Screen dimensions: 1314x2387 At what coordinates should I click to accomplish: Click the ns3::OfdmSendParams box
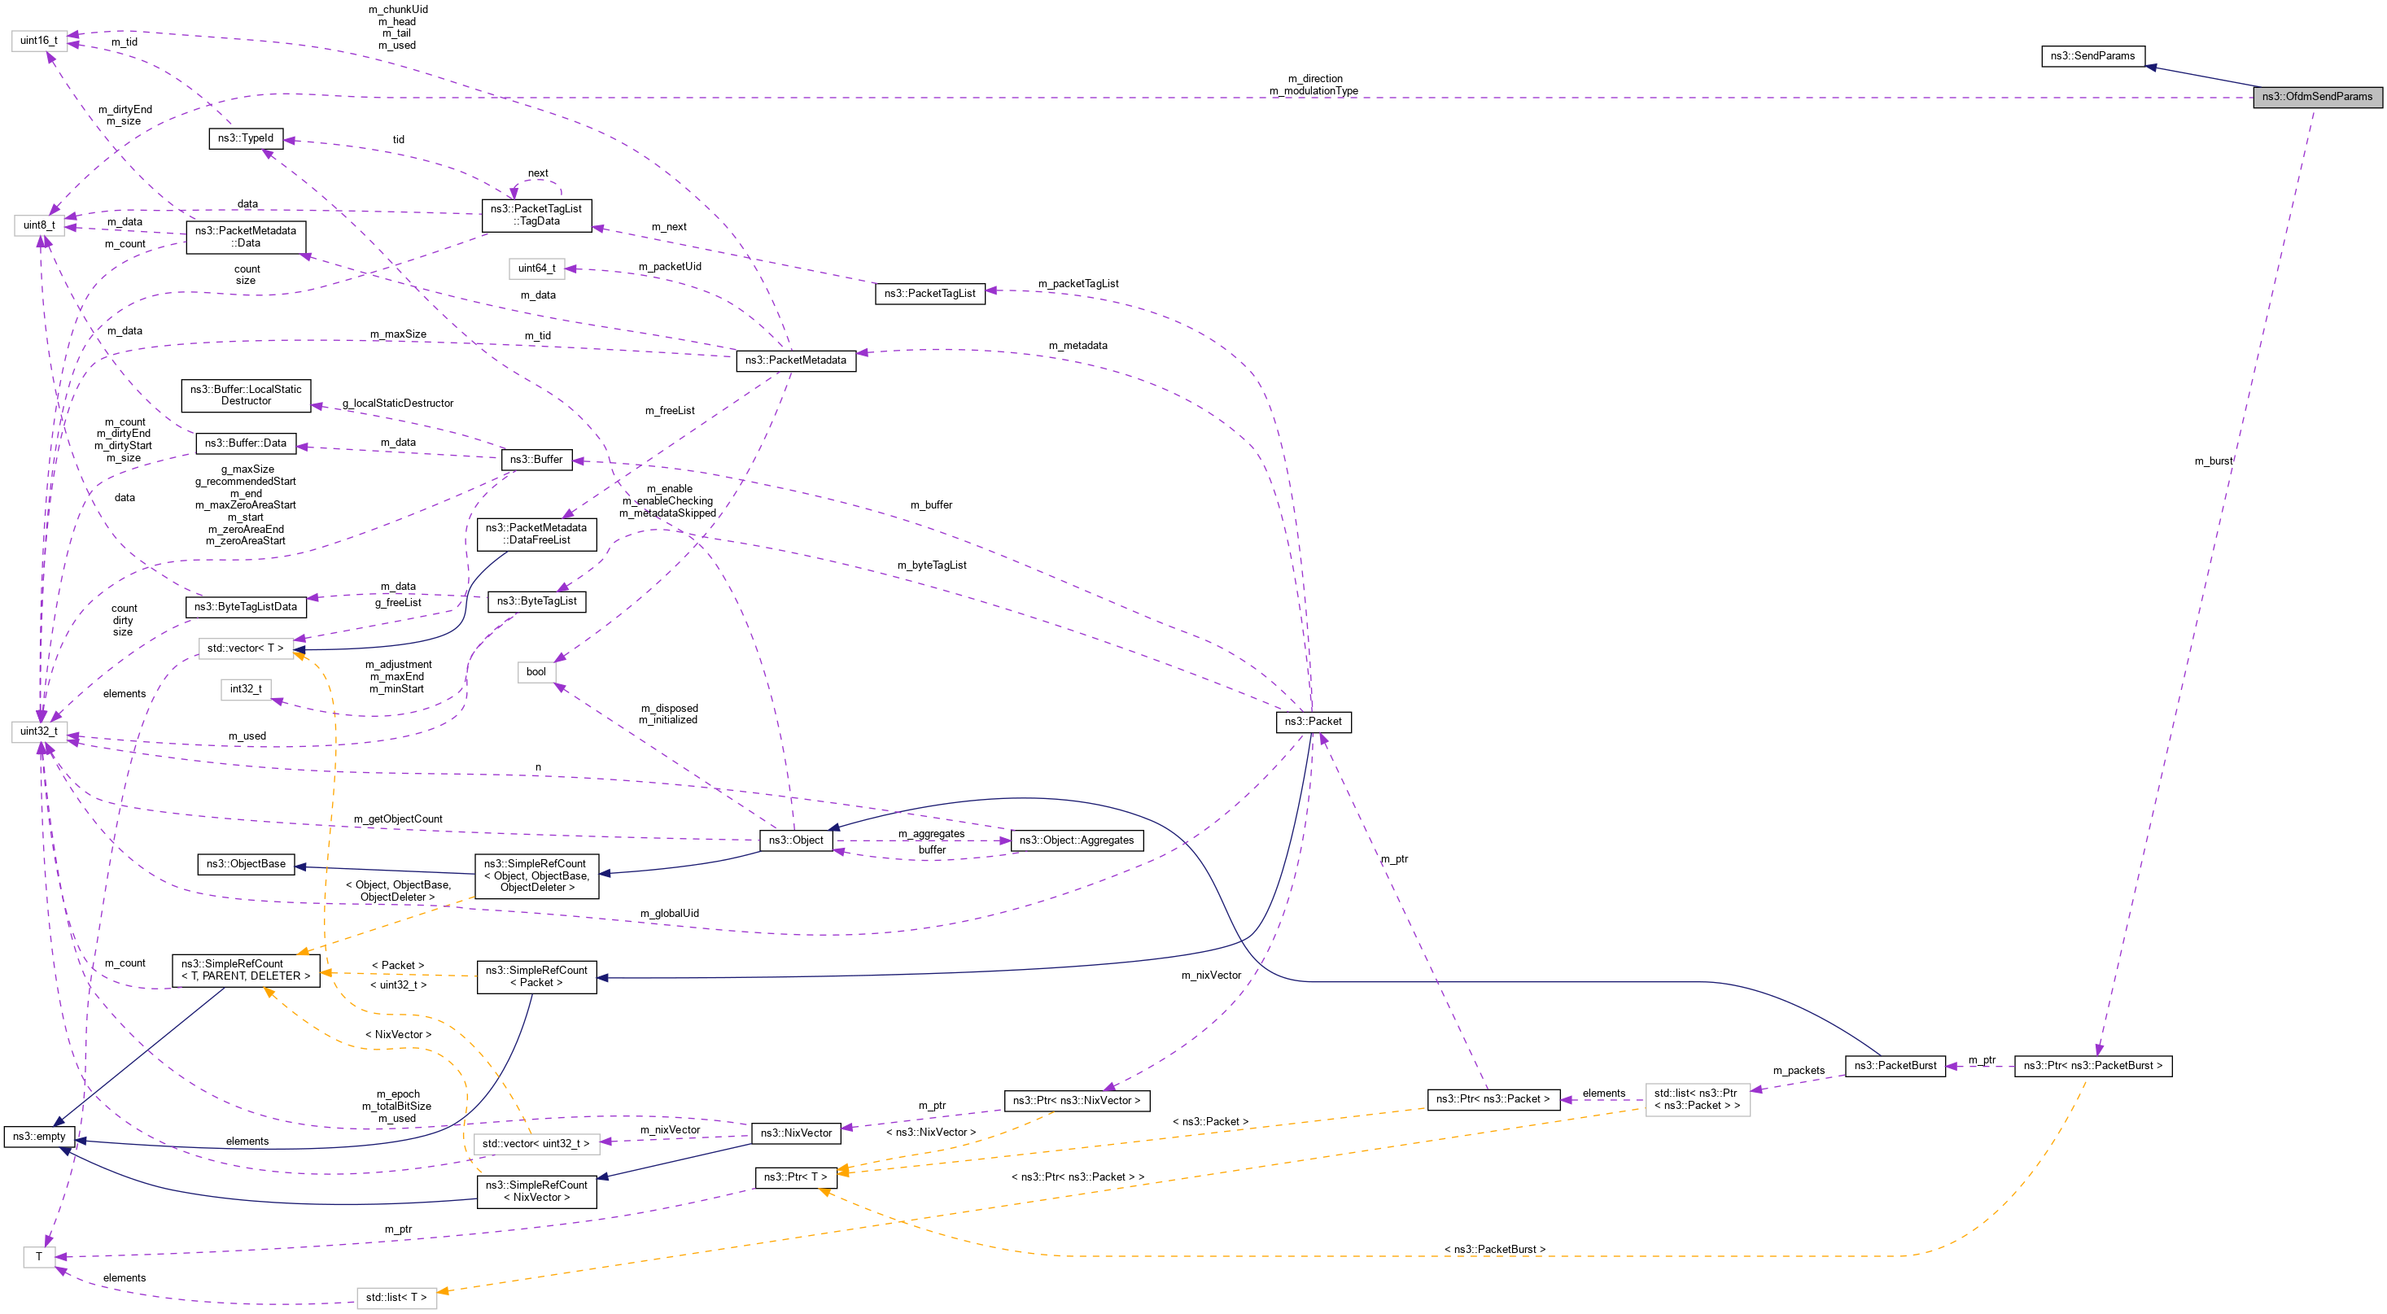tap(2316, 96)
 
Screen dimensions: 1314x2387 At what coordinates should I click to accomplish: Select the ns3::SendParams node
tap(2092, 56)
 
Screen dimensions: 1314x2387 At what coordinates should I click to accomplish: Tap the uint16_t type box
tap(39, 41)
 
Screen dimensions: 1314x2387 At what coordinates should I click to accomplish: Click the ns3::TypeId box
tap(246, 139)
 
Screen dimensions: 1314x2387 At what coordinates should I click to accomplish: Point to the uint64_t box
tap(536, 268)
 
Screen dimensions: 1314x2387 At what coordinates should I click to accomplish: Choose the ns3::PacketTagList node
tap(929, 294)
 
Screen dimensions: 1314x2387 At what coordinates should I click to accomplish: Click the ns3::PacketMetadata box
tap(795, 360)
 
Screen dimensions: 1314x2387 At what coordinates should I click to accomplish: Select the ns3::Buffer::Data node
tap(246, 444)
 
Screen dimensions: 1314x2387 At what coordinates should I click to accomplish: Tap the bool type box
tap(536, 673)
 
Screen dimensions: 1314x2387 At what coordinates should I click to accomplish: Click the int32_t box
tap(246, 689)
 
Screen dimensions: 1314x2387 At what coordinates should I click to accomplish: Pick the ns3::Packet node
tap(1312, 722)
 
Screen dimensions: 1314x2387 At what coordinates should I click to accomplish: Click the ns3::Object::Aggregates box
tap(1076, 840)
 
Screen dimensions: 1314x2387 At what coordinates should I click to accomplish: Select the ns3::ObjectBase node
tap(246, 865)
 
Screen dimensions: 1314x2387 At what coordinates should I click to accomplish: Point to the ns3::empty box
tap(39, 1137)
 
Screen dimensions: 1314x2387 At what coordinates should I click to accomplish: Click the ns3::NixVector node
tap(796, 1133)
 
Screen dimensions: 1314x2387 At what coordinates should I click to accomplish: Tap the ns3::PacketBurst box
tap(1895, 1066)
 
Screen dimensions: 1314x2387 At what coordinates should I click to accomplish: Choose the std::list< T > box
tap(396, 1297)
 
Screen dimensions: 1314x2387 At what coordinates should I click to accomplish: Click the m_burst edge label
tap(2213, 461)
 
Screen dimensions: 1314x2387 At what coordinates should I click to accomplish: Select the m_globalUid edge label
tap(669, 914)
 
